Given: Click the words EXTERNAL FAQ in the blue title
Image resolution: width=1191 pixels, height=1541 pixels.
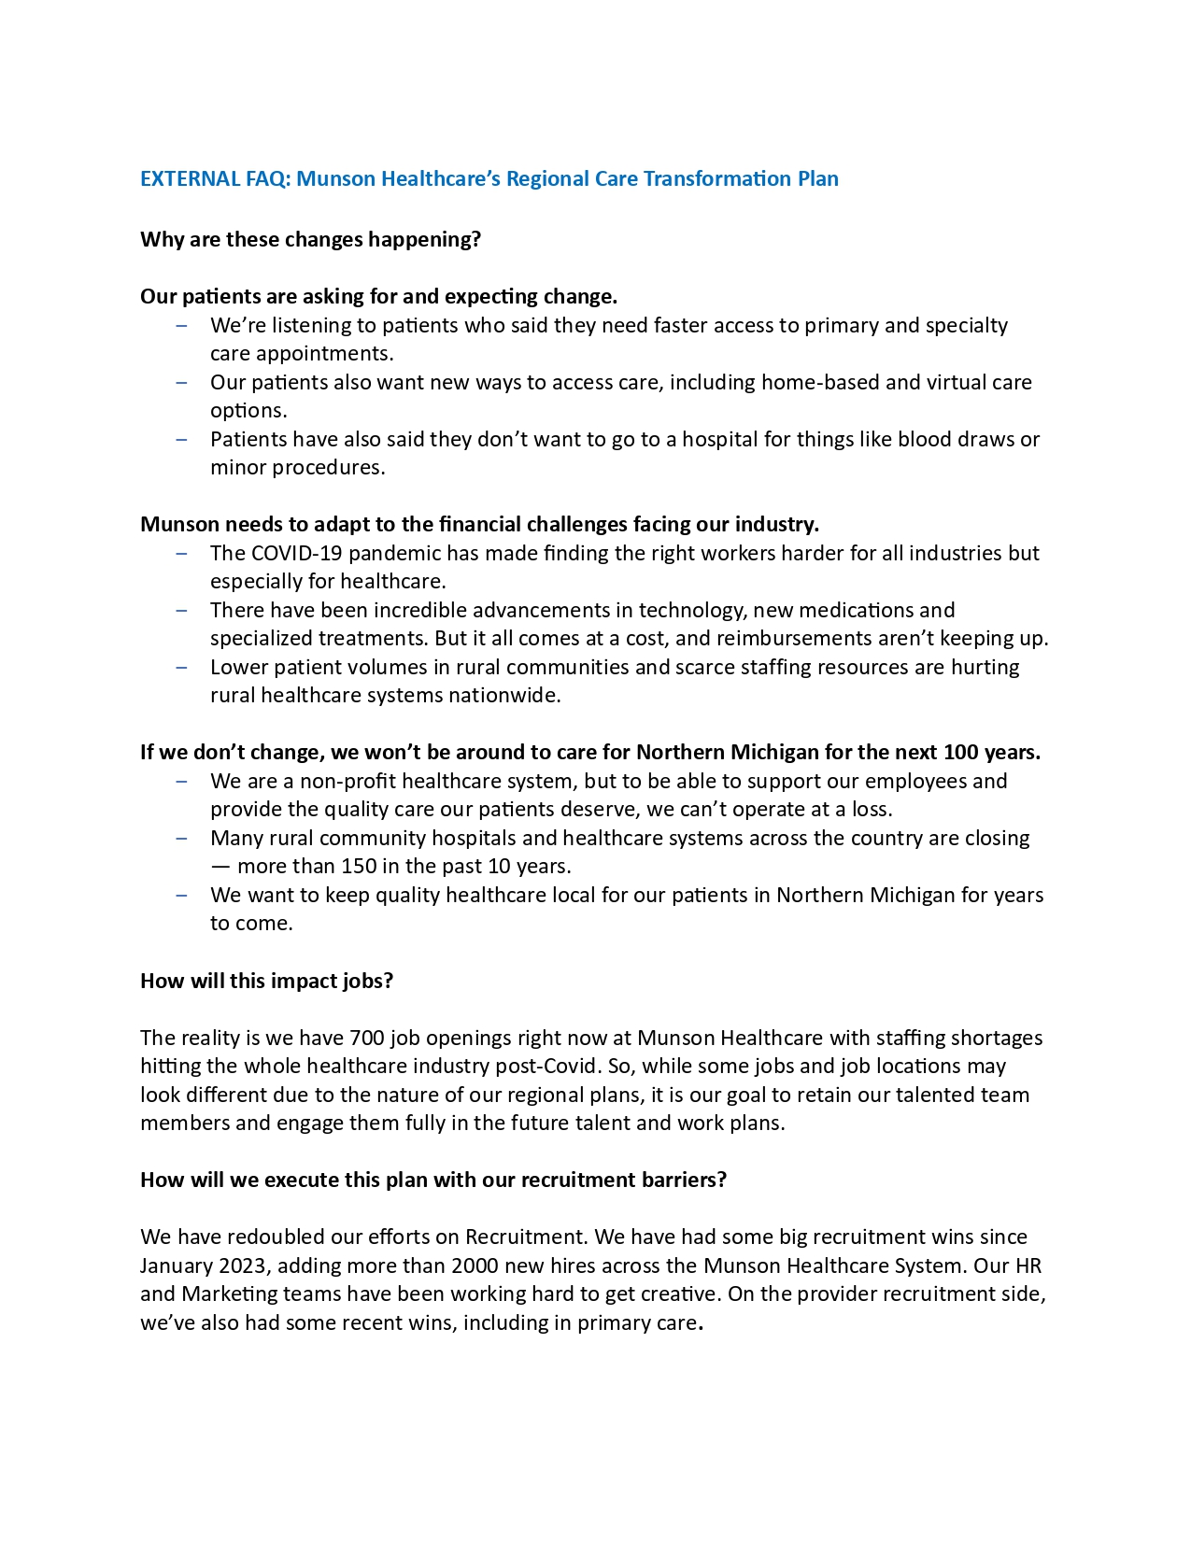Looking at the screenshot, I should tap(214, 178).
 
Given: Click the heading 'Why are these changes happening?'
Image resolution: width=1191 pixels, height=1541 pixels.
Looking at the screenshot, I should tap(310, 239).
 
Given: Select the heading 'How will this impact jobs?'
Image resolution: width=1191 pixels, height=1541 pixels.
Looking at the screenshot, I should tap(266, 981).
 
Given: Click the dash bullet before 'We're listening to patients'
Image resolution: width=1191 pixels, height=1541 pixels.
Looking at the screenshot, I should tap(181, 325).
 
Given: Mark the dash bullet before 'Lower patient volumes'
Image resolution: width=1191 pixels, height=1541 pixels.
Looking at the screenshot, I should tap(181, 667).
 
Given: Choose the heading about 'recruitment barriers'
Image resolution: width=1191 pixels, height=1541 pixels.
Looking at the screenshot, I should tap(432, 1180).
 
